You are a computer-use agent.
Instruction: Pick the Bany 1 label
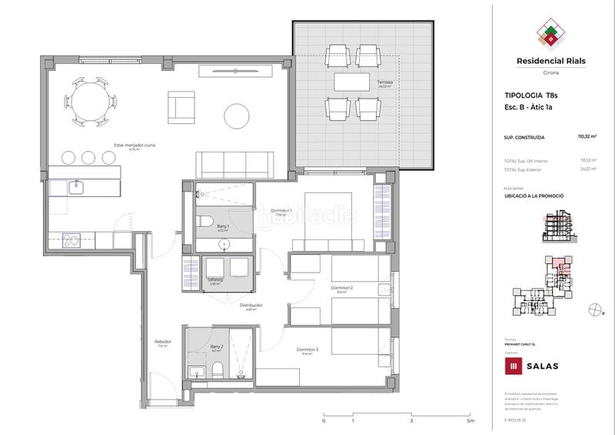(224, 226)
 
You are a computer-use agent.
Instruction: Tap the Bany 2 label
(216, 347)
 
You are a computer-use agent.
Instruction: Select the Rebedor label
(162, 342)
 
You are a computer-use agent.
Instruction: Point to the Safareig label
(215, 280)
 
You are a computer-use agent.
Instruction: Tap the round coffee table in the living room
(236, 116)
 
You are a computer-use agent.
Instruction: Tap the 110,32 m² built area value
(588, 136)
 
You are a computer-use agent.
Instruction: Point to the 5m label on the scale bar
(470, 421)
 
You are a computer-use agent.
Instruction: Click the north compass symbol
(593, 310)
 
